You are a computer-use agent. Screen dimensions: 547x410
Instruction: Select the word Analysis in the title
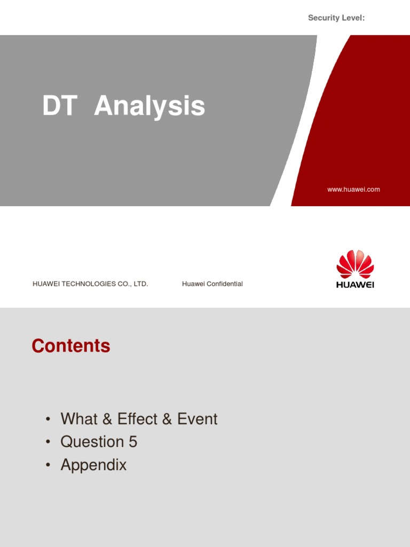(149, 106)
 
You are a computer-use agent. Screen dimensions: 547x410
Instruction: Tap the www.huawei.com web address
(353, 189)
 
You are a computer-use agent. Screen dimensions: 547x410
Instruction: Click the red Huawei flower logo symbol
(355, 264)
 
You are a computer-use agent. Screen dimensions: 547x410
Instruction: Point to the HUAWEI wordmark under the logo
(355, 285)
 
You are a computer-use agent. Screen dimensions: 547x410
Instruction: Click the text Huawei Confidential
(212, 284)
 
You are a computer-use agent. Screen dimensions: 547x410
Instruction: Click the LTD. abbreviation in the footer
(140, 284)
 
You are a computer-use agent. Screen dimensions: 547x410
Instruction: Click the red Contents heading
(71, 346)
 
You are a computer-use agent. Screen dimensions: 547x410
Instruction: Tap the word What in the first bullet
(79, 419)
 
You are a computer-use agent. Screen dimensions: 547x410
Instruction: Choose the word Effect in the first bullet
(138, 419)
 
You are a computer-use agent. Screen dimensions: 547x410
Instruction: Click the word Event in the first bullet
(198, 419)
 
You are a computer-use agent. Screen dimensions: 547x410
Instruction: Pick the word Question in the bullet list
(92, 442)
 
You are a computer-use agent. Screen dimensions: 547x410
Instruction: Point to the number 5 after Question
(132, 442)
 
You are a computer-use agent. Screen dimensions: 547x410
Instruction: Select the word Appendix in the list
(93, 465)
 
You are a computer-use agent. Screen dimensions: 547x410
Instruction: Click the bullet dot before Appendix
(49, 465)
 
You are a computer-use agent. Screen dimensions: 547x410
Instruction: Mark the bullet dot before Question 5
(49, 442)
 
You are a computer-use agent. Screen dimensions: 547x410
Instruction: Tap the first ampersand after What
(107, 419)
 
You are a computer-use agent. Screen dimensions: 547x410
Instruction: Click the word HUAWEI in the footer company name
(46, 284)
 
